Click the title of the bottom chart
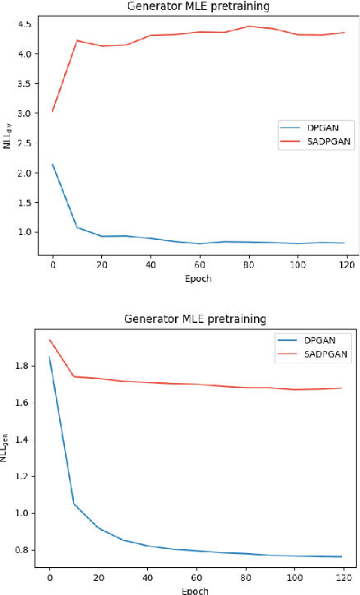[196, 318]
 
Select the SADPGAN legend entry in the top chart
[327, 140]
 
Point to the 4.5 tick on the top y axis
[25, 24]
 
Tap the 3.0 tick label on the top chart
[25, 113]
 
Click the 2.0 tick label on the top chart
[25, 173]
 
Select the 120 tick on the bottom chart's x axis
[342, 578]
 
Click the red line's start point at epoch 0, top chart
[53, 111]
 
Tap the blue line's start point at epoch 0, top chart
[53, 164]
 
